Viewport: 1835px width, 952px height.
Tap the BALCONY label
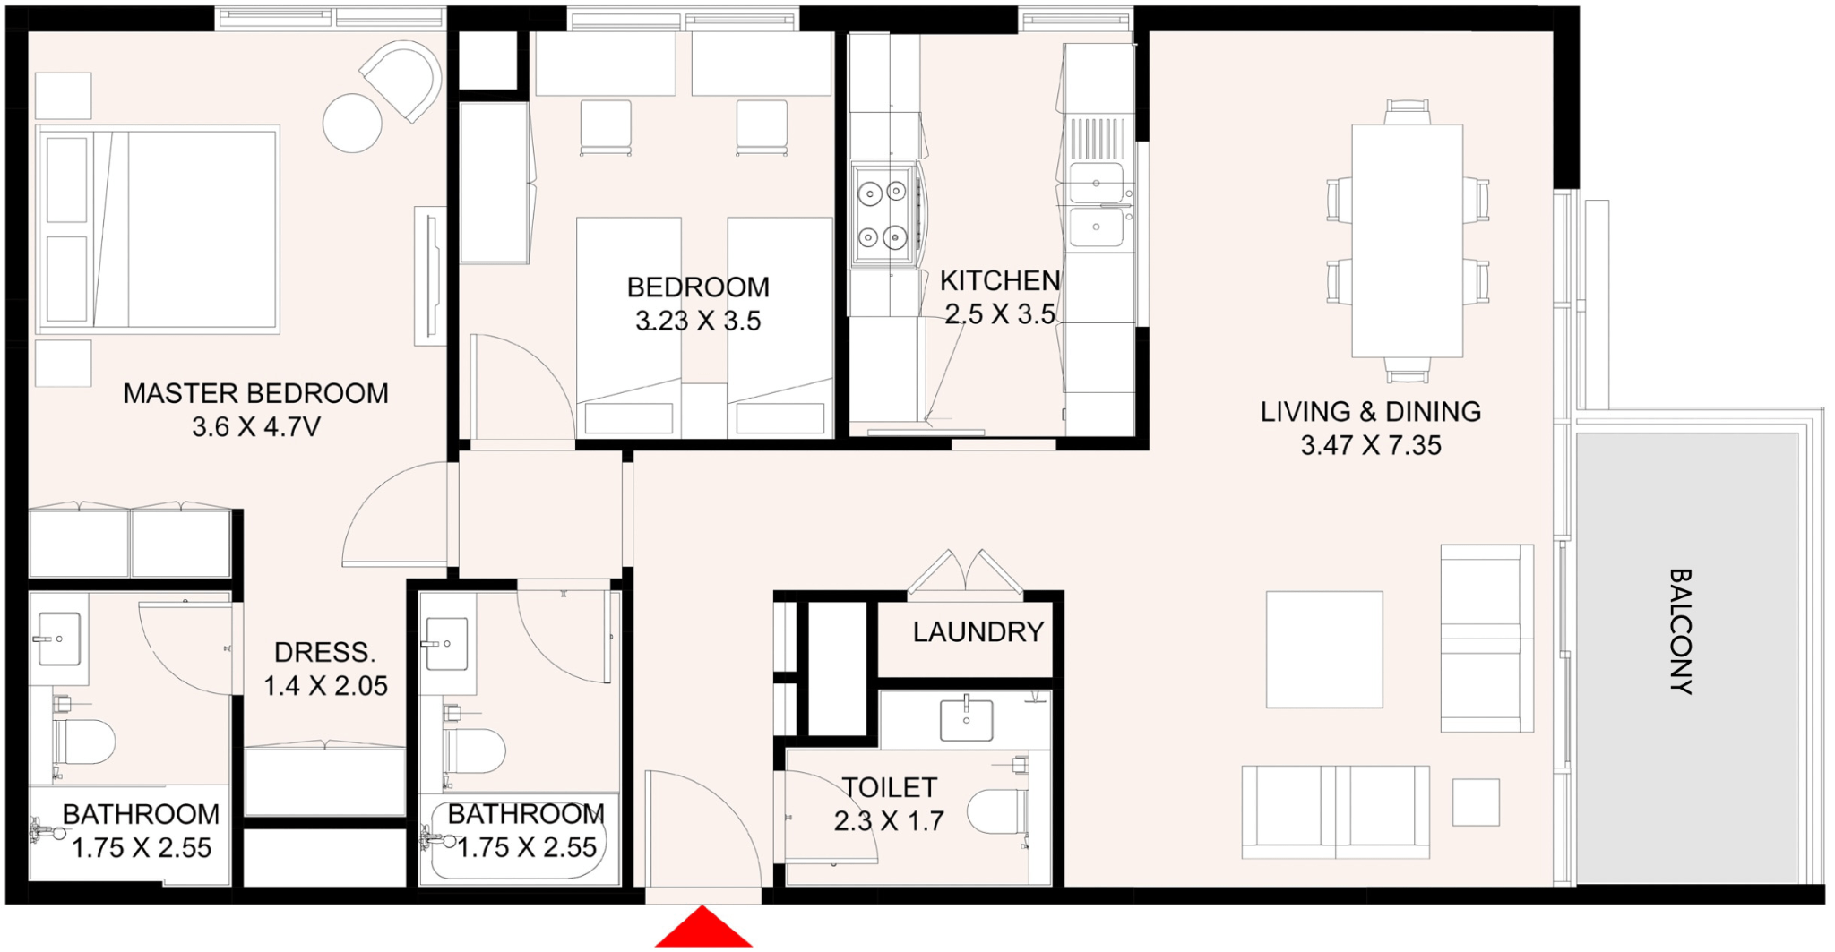(x=1680, y=631)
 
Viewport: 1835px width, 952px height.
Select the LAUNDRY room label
(x=978, y=632)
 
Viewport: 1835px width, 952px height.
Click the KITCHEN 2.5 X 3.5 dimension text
(x=1000, y=314)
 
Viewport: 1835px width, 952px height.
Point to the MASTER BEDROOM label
(x=255, y=393)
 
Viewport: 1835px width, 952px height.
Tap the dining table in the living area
(x=1407, y=241)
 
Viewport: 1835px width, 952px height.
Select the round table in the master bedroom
(x=352, y=123)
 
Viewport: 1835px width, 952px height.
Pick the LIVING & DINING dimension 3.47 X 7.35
(x=1371, y=445)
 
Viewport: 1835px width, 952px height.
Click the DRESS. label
(x=324, y=652)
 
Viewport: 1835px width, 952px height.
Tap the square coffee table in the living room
(x=1324, y=649)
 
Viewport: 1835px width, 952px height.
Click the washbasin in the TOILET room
(x=966, y=721)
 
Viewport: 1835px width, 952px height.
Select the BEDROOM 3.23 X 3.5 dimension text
(x=698, y=321)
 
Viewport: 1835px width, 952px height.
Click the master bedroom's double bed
(x=158, y=229)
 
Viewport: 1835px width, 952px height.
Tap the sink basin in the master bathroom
(x=58, y=639)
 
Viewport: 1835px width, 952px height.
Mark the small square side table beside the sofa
(x=1476, y=802)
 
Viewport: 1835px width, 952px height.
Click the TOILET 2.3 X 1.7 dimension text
(x=889, y=821)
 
